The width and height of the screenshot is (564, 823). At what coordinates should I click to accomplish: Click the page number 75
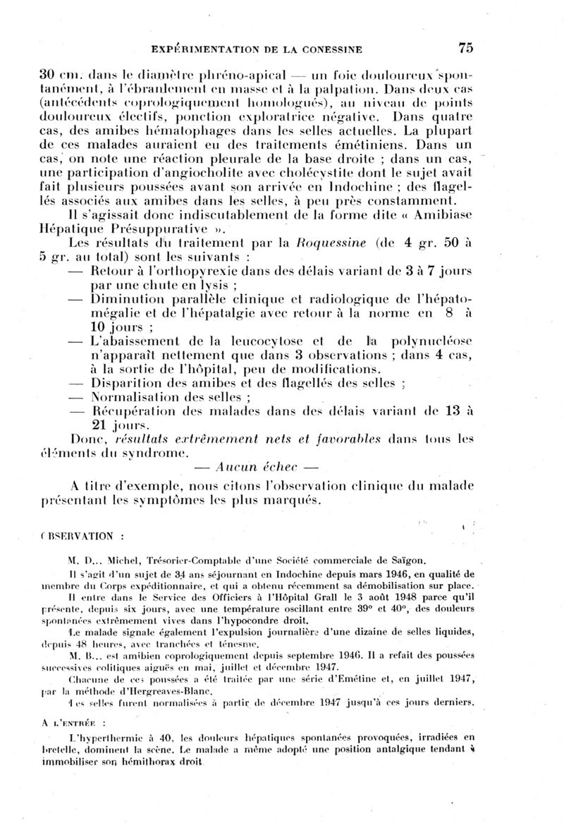click(465, 48)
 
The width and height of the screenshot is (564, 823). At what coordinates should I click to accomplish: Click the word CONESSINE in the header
click(330, 49)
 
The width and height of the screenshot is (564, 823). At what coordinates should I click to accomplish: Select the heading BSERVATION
click(86, 535)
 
